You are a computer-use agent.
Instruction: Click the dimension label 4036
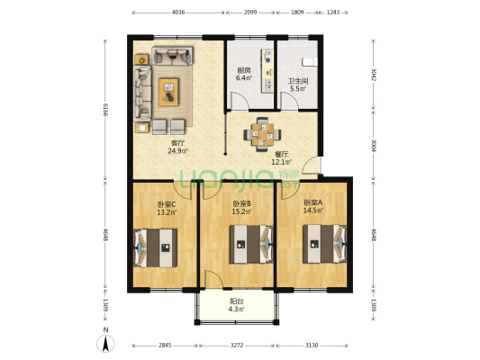pyautogui.click(x=177, y=13)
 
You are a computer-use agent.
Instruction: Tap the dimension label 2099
pyautogui.click(x=250, y=13)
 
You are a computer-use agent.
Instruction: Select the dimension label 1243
pyautogui.click(x=333, y=13)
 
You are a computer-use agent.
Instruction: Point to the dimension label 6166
pyautogui.click(x=105, y=110)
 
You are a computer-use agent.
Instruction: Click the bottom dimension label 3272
pyautogui.click(x=237, y=346)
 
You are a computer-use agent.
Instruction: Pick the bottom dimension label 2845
pyautogui.click(x=165, y=346)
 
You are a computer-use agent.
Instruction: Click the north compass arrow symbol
pyautogui.click(x=105, y=344)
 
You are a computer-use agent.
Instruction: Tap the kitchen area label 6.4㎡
pyautogui.click(x=244, y=78)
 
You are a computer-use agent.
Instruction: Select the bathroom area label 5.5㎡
pyautogui.click(x=298, y=89)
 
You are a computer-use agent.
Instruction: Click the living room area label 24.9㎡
pyautogui.click(x=177, y=150)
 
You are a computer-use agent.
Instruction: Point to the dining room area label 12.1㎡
pyautogui.click(x=281, y=162)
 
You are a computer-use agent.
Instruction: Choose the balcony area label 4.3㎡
pyautogui.click(x=236, y=310)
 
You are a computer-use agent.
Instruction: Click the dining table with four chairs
pyautogui.click(x=262, y=134)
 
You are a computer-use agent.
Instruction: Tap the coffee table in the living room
pyautogui.click(x=168, y=92)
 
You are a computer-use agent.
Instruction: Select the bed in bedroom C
pyautogui.click(x=156, y=248)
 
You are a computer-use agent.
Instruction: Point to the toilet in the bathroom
pyautogui.click(x=310, y=62)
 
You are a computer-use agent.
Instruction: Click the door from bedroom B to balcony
pyautogui.click(x=213, y=279)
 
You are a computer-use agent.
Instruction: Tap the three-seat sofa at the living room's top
pyautogui.click(x=172, y=56)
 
